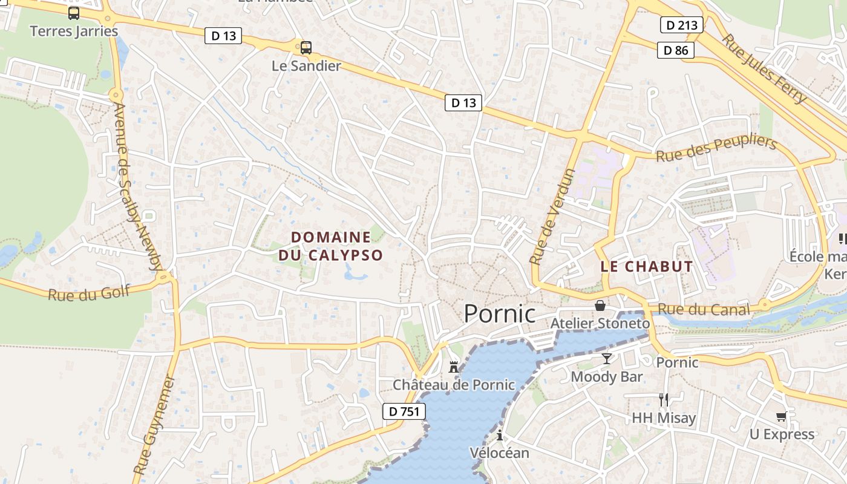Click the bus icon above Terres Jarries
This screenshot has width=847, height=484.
[x=74, y=13]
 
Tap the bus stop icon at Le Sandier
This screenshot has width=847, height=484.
[x=306, y=48]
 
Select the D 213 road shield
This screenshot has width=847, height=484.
[x=681, y=25]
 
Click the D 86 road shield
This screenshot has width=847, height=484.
[x=676, y=50]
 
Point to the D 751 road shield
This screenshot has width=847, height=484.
[x=404, y=411]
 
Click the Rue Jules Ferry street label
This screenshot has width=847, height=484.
[x=765, y=68]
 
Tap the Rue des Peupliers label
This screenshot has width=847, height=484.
[x=716, y=148]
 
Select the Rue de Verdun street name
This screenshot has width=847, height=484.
[x=552, y=217]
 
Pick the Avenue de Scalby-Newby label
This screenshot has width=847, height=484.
[x=138, y=186]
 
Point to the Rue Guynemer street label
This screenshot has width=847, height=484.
[x=154, y=425]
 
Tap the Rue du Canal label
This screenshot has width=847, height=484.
[x=704, y=310]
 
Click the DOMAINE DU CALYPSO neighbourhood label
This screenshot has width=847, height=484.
[x=331, y=246]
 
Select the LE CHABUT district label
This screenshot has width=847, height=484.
[x=647, y=266]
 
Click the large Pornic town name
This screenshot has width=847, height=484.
[x=500, y=314]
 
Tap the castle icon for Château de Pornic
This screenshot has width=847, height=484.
[x=454, y=367]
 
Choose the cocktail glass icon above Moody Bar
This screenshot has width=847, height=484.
[x=607, y=359]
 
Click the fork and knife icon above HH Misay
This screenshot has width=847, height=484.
[x=664, y=399]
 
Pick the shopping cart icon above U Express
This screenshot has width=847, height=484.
[x=782, y=416]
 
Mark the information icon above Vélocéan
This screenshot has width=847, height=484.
[x=500, y=435]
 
